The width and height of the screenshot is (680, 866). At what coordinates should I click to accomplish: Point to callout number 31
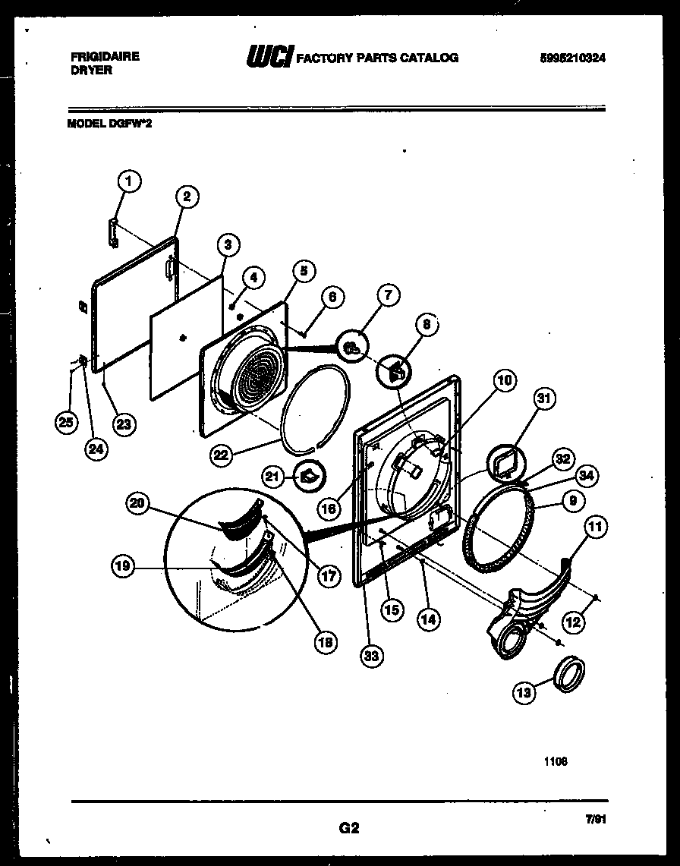[x=545, y=398]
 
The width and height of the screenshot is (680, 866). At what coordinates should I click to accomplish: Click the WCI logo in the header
[x=270, y=58]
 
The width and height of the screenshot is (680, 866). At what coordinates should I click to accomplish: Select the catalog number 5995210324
[x=573, y=57]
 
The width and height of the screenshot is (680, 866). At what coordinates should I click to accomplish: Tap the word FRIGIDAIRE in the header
[x=104, y=56]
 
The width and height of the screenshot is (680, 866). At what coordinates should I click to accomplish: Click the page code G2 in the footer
[x=348, y=828]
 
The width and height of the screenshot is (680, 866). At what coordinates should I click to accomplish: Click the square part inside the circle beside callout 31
[x=504, y=464]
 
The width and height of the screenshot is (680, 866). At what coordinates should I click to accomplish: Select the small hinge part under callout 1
[x=114, y=231]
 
